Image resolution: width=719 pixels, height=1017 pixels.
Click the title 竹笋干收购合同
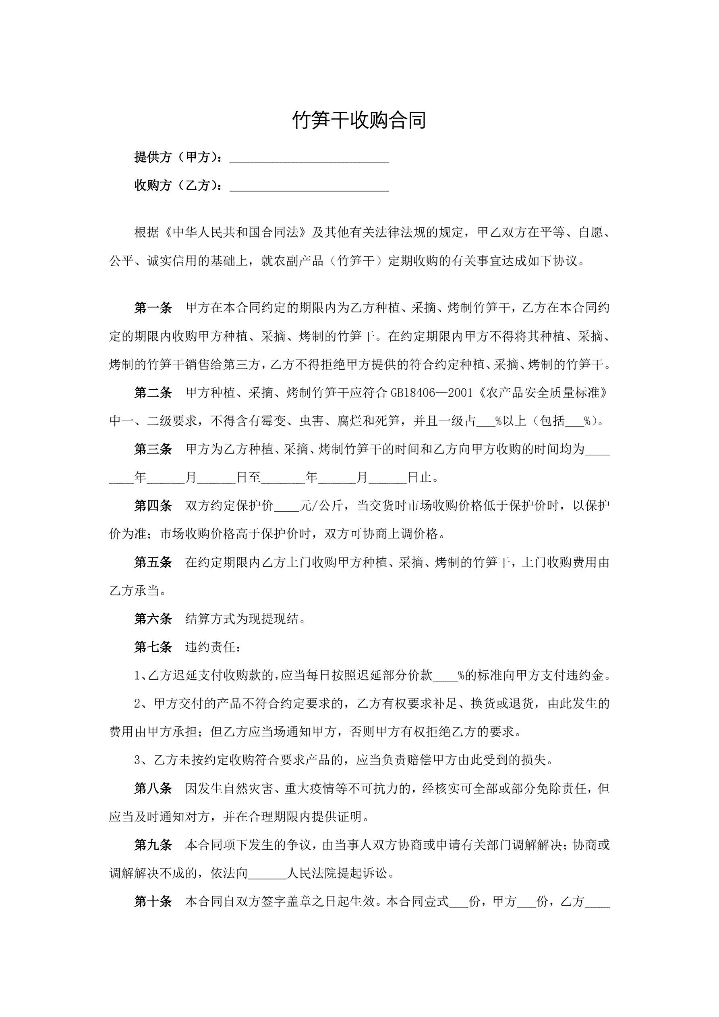click(x=359, y=120)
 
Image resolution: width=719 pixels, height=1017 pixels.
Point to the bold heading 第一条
click(x=153, y=308)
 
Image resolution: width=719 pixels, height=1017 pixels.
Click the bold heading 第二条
click(x=153, y=393)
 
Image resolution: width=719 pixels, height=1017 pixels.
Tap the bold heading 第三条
click(x=153, y=449)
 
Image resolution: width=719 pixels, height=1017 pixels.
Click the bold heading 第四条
click(x=153, y=506)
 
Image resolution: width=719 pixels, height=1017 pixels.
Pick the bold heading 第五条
click(x=153, y=563)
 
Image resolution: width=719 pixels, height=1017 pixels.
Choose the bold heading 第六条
click(x=153, y=619)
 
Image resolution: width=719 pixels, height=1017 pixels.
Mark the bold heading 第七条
click(x=153, y=648)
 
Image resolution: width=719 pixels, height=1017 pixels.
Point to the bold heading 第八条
click(x=153, y=788)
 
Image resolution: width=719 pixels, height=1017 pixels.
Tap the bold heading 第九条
click(x=153, y=845)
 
